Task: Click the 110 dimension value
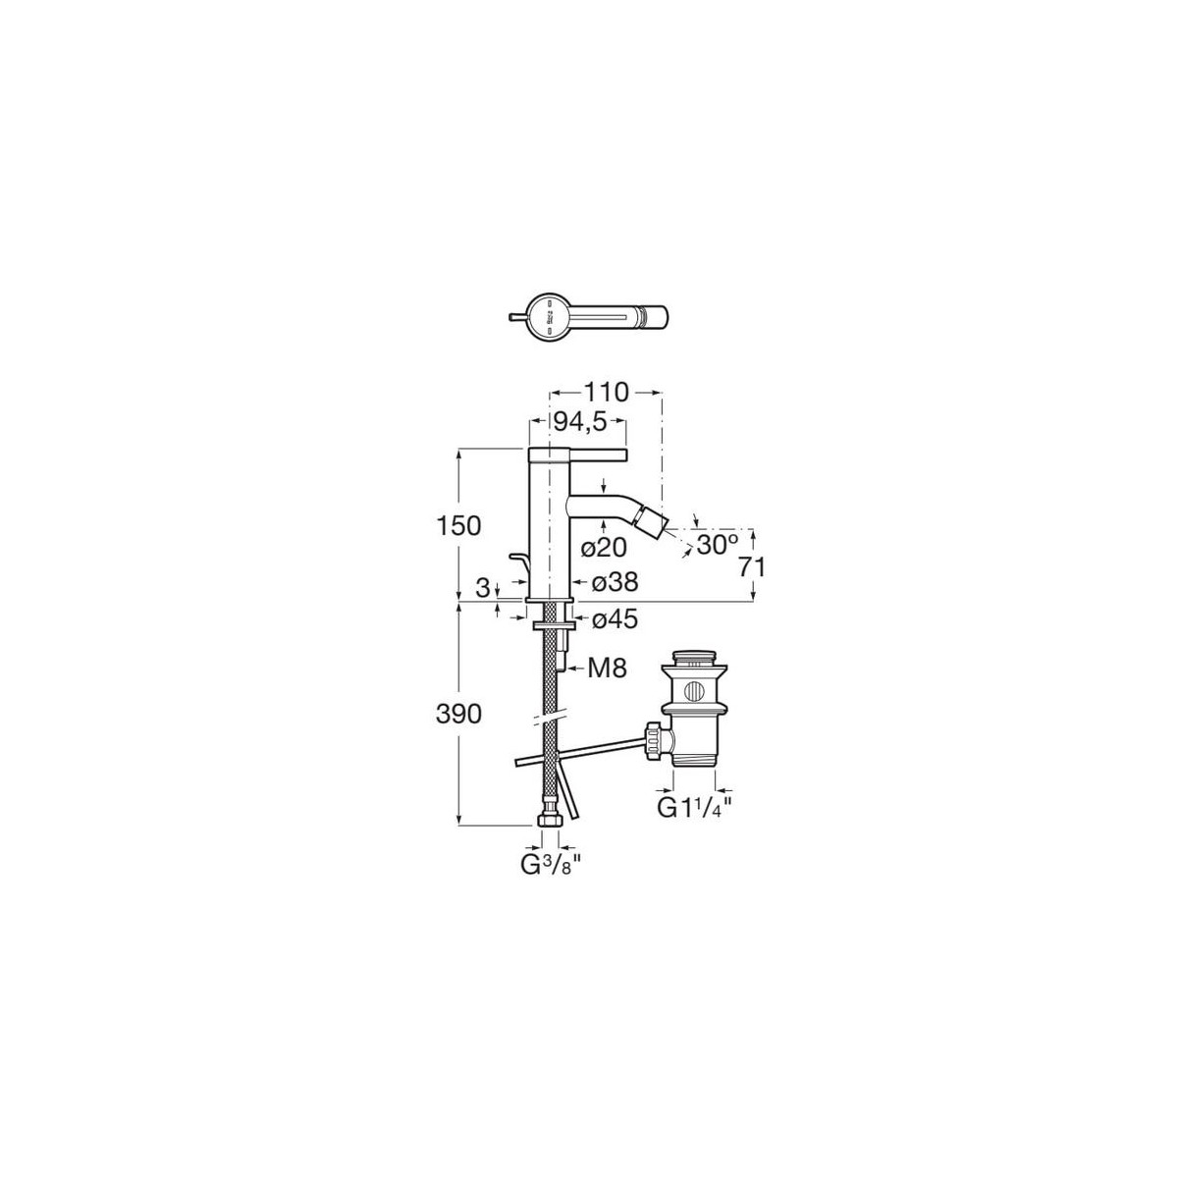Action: pos(606,391)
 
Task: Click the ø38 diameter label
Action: pos(615,583)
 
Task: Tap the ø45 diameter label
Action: pos(615,619)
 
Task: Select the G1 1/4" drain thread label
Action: pos(695,809)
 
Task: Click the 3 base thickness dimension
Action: pos(481,588)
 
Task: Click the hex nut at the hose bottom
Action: pos(551,819)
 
